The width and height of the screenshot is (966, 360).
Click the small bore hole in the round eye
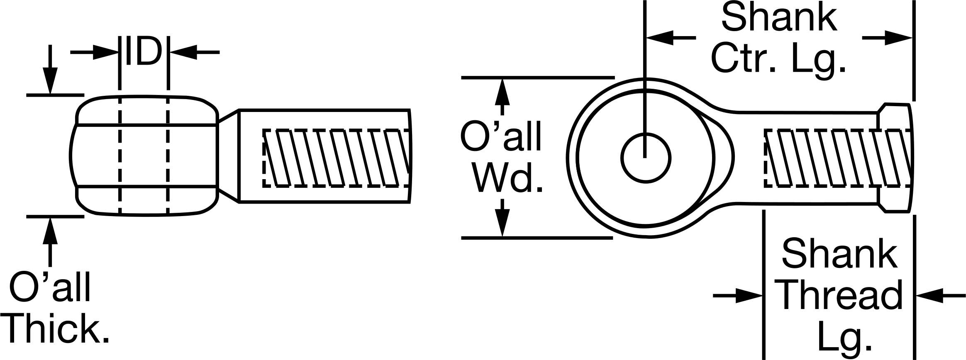point(646,158)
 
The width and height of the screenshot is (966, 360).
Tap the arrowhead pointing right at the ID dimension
point(106,52)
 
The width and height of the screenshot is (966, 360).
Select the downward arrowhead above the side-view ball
point(50,80)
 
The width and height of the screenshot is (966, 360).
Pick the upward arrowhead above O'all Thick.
point(50,231)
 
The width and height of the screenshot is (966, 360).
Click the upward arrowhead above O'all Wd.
point(503,92)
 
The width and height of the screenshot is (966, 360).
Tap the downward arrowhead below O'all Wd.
point(503,223)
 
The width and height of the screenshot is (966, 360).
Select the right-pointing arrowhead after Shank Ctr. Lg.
point(899,38)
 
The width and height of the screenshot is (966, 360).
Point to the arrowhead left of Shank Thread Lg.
point(749,296)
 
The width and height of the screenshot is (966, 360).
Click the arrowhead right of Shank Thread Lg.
point(930,296)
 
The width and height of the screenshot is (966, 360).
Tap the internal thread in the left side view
point(337,158)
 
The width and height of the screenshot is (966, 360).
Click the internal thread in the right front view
point(838,158)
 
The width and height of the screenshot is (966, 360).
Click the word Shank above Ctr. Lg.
point(779,17)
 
